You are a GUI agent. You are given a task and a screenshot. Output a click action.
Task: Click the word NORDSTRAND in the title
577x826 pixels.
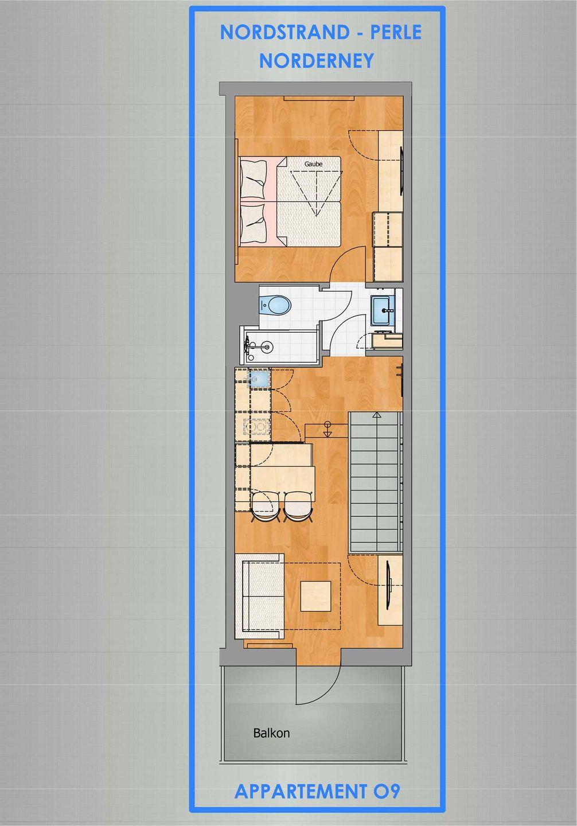coord(284,33)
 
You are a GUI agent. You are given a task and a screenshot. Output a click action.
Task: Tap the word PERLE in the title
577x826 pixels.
coord(396,33)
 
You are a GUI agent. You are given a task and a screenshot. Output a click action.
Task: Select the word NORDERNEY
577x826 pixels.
coord(317,60)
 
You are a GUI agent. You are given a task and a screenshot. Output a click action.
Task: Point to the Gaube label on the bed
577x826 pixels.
coord(313,163)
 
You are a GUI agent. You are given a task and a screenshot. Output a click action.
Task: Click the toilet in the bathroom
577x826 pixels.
coord(275,305)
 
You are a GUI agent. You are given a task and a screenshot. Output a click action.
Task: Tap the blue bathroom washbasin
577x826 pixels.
coord(383,310)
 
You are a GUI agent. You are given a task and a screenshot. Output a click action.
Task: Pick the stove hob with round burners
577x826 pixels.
coord(255,427)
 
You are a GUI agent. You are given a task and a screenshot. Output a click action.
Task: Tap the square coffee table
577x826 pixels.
coord(315,597)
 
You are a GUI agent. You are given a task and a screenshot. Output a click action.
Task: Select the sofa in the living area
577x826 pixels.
coord(260,597)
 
